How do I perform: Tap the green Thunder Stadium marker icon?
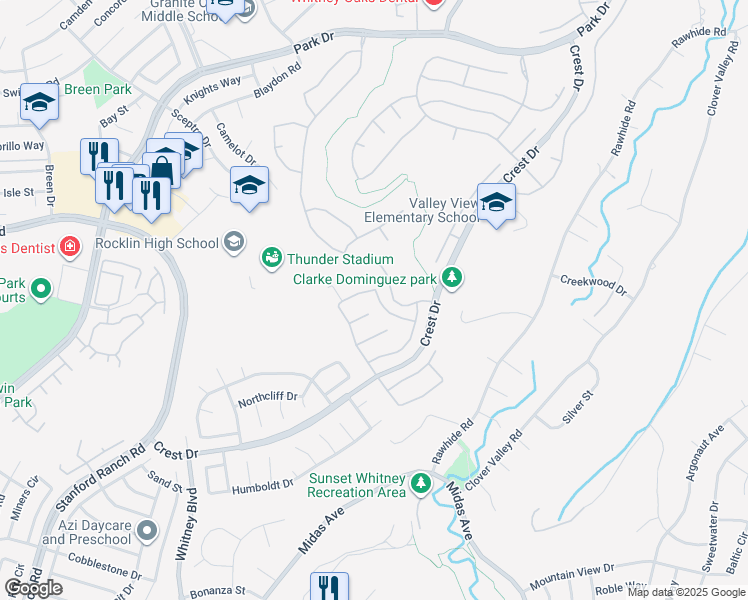pos(271,259)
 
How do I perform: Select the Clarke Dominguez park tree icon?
pos(452,276)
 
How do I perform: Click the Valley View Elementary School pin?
pos(496,204)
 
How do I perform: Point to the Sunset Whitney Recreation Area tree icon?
pos(421,484)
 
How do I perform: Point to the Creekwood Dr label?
pos(593,284)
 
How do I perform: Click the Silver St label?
pos(578,408)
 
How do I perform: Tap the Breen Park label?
pos(98,89)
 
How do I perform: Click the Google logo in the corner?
pos(33,589)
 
